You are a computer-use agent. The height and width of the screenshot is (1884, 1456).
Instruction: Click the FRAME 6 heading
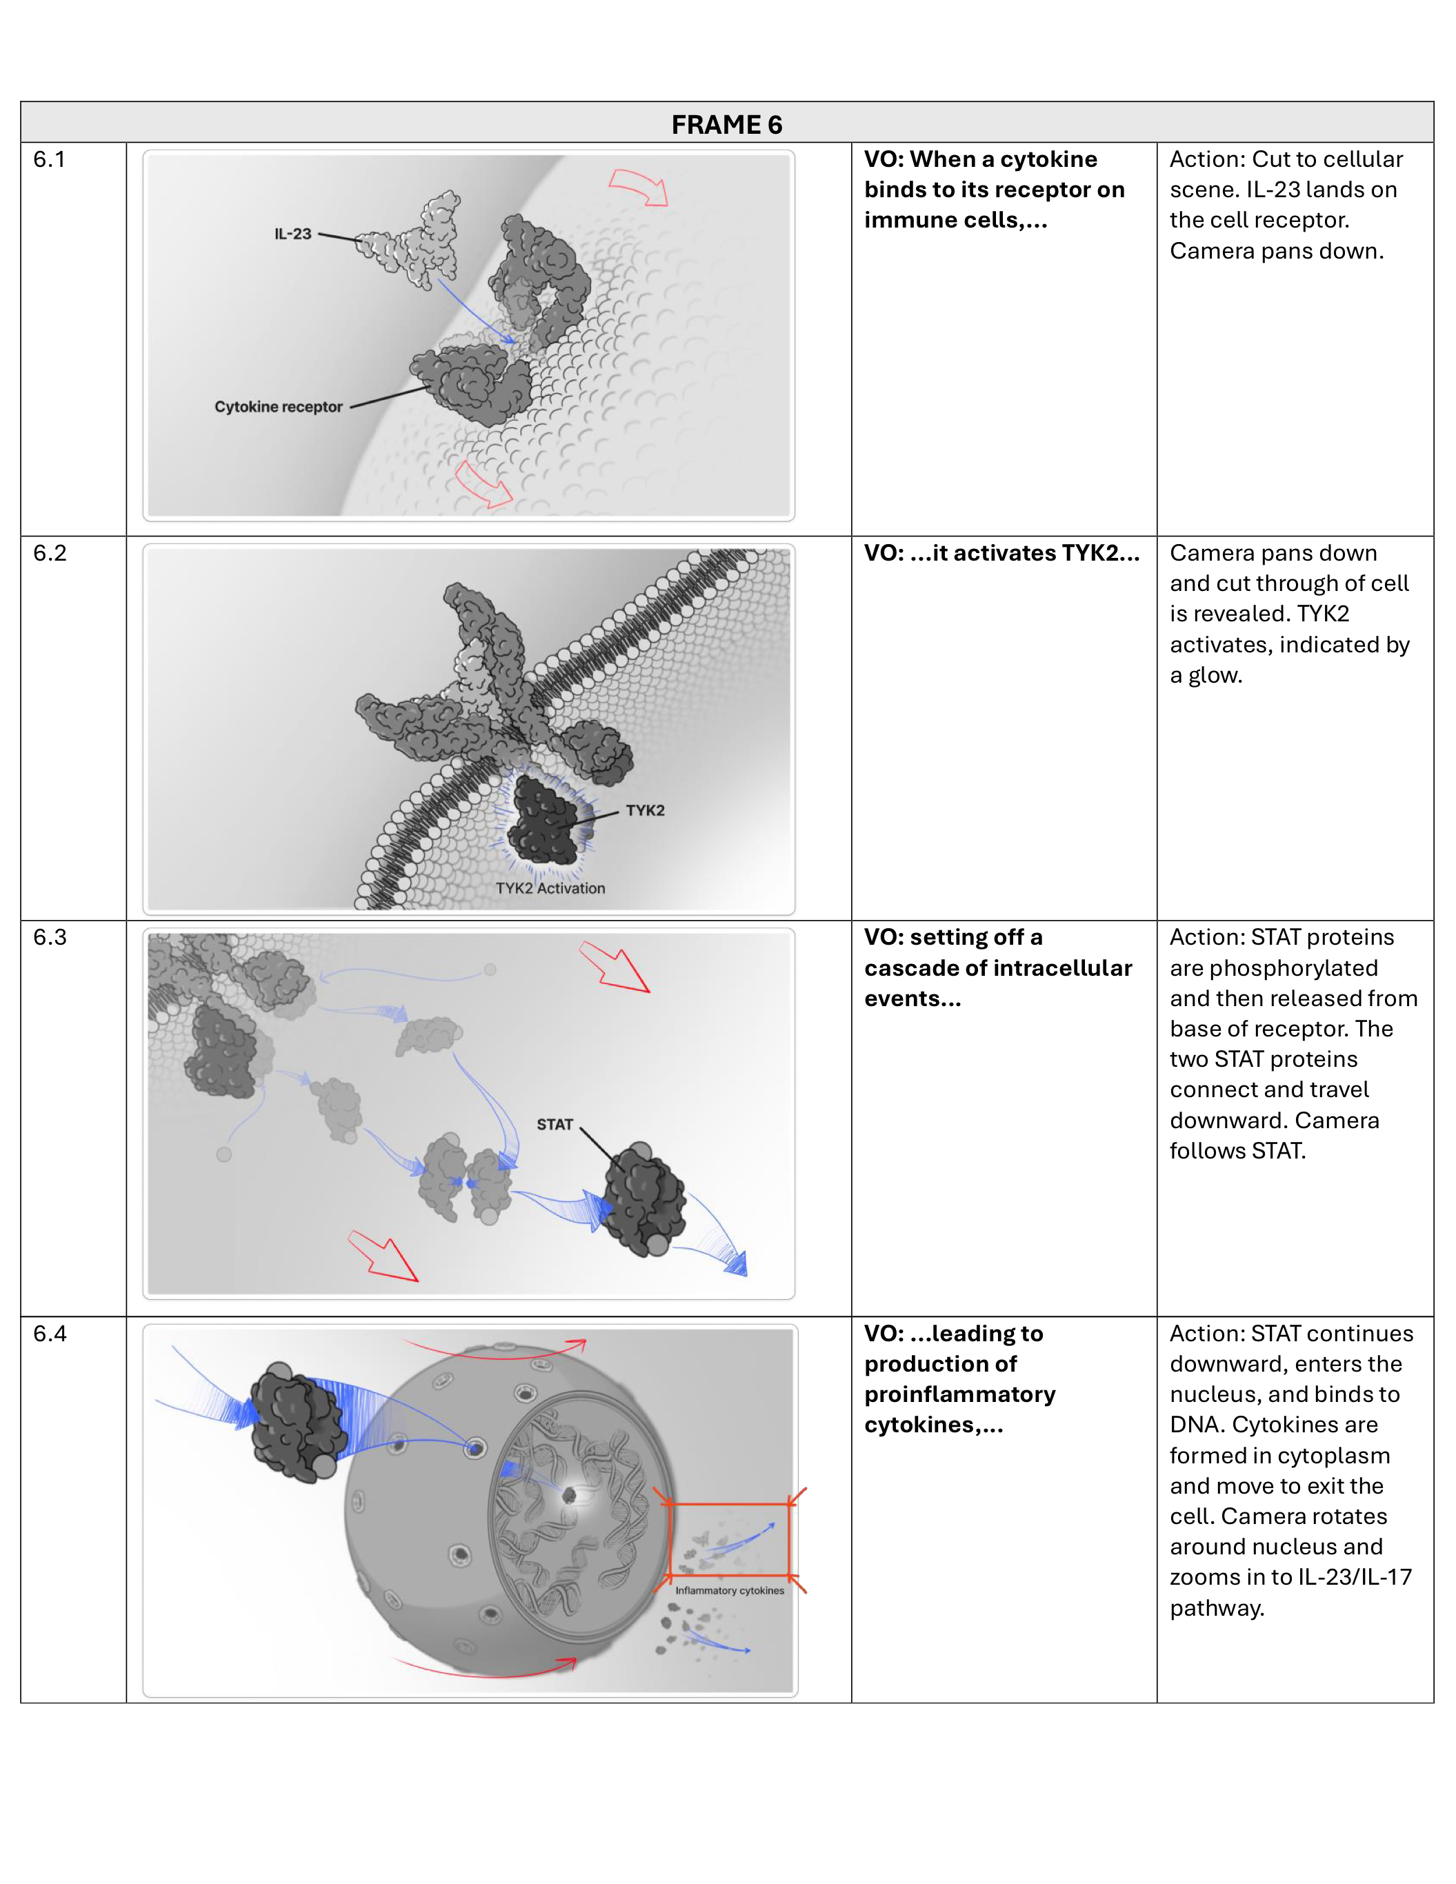[x=726, y=124]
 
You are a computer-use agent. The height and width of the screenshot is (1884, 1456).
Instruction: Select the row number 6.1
[x=49, y=159]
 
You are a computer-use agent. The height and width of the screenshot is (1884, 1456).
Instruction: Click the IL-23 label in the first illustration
[x=292, y=234]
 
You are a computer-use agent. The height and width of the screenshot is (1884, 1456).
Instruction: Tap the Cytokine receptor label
[x=278, y=407]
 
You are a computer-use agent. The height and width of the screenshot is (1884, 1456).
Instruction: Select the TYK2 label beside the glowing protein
[x=645, y=811]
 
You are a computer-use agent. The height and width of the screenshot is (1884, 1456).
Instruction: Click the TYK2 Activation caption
[x=550, y=888]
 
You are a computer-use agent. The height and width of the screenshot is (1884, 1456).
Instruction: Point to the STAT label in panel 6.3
[x=555, y=1125]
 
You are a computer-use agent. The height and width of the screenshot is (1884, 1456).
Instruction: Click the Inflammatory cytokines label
[x=730, y=1591]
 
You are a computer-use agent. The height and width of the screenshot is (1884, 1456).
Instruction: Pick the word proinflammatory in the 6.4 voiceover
[x=959, y=1395]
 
